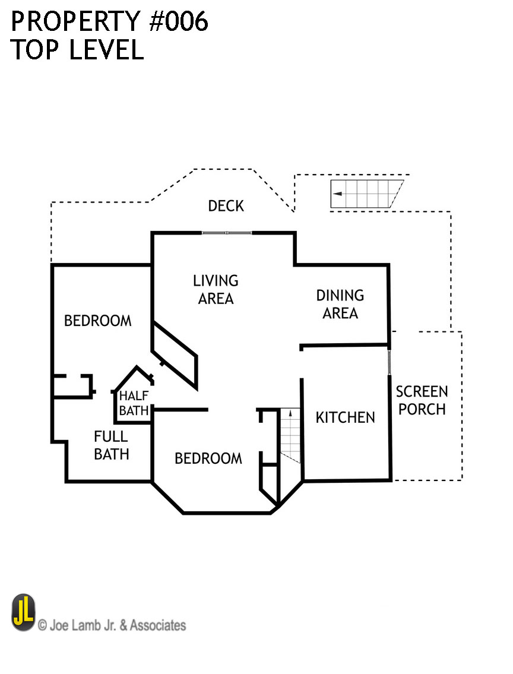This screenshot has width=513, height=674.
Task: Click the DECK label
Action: [226, 206]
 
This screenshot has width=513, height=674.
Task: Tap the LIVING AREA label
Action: [216, 289]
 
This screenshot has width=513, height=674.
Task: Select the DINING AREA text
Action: [340, 304]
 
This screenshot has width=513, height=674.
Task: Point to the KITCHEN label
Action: [345, 417]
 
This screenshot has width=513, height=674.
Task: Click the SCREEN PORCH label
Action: [422, 400]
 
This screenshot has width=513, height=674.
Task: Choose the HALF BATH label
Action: [134, 403]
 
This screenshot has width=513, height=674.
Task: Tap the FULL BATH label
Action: [111, 445]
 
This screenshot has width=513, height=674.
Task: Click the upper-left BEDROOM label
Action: [97, 321]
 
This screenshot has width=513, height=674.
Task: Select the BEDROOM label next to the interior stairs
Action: [208, 458]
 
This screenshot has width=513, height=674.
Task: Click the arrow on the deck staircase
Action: [338, 194]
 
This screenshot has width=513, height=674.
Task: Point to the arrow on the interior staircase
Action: [290, 413]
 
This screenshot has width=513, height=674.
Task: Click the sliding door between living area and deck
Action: [227, 233]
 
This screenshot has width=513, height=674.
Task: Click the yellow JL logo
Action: [23, 612]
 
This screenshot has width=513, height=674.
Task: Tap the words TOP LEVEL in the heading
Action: [77, 50]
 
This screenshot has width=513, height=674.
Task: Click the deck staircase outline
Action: [367, 194]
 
